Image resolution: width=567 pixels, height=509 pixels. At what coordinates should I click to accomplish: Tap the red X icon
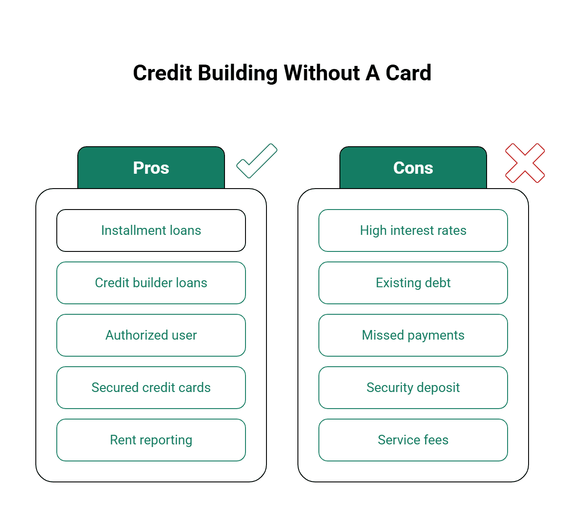(525, 163)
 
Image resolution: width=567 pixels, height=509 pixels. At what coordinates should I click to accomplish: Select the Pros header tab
(151, 168)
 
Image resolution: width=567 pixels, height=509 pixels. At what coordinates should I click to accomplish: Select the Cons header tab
(413, 168)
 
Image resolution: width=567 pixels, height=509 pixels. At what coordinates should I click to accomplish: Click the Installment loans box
(151, 230)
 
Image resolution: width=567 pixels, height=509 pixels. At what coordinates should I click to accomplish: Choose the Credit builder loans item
(151, 283)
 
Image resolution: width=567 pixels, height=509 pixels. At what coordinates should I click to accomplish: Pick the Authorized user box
(151, 335)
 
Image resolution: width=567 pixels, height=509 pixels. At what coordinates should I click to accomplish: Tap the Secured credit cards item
(151, 388)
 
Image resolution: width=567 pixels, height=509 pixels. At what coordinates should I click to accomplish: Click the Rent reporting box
(151, 440)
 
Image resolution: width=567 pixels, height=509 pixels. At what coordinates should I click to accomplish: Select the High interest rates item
(413, 230)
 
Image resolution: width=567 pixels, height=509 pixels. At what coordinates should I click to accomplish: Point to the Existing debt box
(413, 283)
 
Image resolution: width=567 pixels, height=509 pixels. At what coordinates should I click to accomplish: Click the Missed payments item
(413, 335)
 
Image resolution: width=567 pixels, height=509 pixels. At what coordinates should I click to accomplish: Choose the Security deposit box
(413, 388)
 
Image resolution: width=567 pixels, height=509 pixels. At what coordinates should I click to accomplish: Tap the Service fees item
(413, 440)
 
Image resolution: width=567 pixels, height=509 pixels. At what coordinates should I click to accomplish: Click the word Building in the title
(238, 73)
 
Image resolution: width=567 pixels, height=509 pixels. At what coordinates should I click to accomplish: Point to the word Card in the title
(408, 73)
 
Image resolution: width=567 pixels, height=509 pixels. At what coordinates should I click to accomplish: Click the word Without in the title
(322, 73)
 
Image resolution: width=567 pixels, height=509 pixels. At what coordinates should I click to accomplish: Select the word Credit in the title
(162, 73)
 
